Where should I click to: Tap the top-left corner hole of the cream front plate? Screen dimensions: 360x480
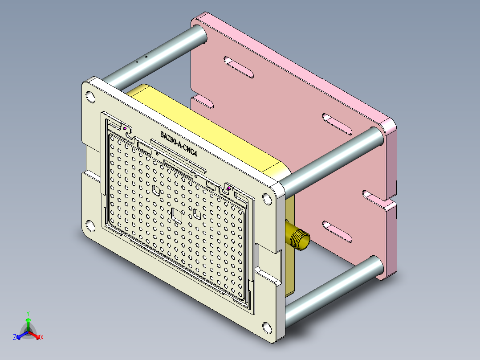[90, 96]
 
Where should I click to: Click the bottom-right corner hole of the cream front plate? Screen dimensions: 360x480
[267, 328]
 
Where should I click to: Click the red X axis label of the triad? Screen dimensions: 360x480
[41, 338]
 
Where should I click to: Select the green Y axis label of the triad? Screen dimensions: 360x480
[28, 313]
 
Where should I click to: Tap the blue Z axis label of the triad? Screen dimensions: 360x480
[15, 338]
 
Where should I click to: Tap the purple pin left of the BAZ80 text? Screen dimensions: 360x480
[126, 129]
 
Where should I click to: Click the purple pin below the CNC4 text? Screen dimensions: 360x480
[228, 189]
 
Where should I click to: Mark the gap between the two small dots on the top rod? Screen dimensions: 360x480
[142, 60]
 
